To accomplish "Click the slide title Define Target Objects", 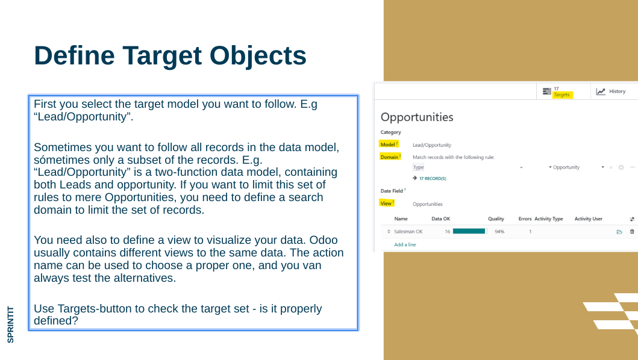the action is coord(170,55).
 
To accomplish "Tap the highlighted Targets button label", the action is coord(561,95).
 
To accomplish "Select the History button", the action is coord(611,92).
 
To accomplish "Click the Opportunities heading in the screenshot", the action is coord(417,117).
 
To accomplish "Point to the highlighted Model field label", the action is coord(389,144).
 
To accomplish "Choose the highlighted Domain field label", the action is coord(390,157).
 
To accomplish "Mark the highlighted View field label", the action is coord(387,203).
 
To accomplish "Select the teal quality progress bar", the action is coord(469,231).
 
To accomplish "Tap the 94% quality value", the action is coord(499,231).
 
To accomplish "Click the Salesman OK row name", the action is coord(408,231).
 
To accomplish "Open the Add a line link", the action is coord(405,244).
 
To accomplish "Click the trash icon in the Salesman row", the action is coord(632,231).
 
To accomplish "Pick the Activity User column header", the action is coord(589,219).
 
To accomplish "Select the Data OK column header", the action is coord(440,219).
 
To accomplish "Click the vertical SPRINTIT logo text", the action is coord(11,324).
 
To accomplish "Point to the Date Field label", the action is coord(392,191).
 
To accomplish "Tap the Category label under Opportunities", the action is coord(390,132).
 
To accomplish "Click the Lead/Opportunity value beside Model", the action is coord(432,145).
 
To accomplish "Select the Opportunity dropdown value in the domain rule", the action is coord(566,167).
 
